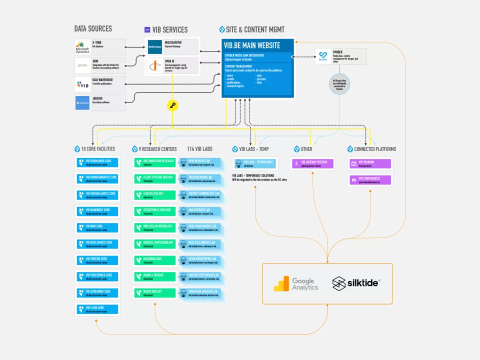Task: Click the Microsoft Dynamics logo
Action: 82,47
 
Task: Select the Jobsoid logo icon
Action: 82,102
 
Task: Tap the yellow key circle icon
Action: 173,105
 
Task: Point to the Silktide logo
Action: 356,284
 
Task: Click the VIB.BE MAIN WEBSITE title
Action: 252,45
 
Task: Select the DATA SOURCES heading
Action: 93,28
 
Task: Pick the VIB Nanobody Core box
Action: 98,211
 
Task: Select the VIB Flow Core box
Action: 98,309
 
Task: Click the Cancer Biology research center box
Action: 155,195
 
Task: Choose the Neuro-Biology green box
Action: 155,293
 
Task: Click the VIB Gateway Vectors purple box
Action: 313,164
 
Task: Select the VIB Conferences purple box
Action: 370,180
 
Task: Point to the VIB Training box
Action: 370,164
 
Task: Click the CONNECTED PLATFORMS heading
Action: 371,149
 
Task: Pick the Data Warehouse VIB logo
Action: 82,83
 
